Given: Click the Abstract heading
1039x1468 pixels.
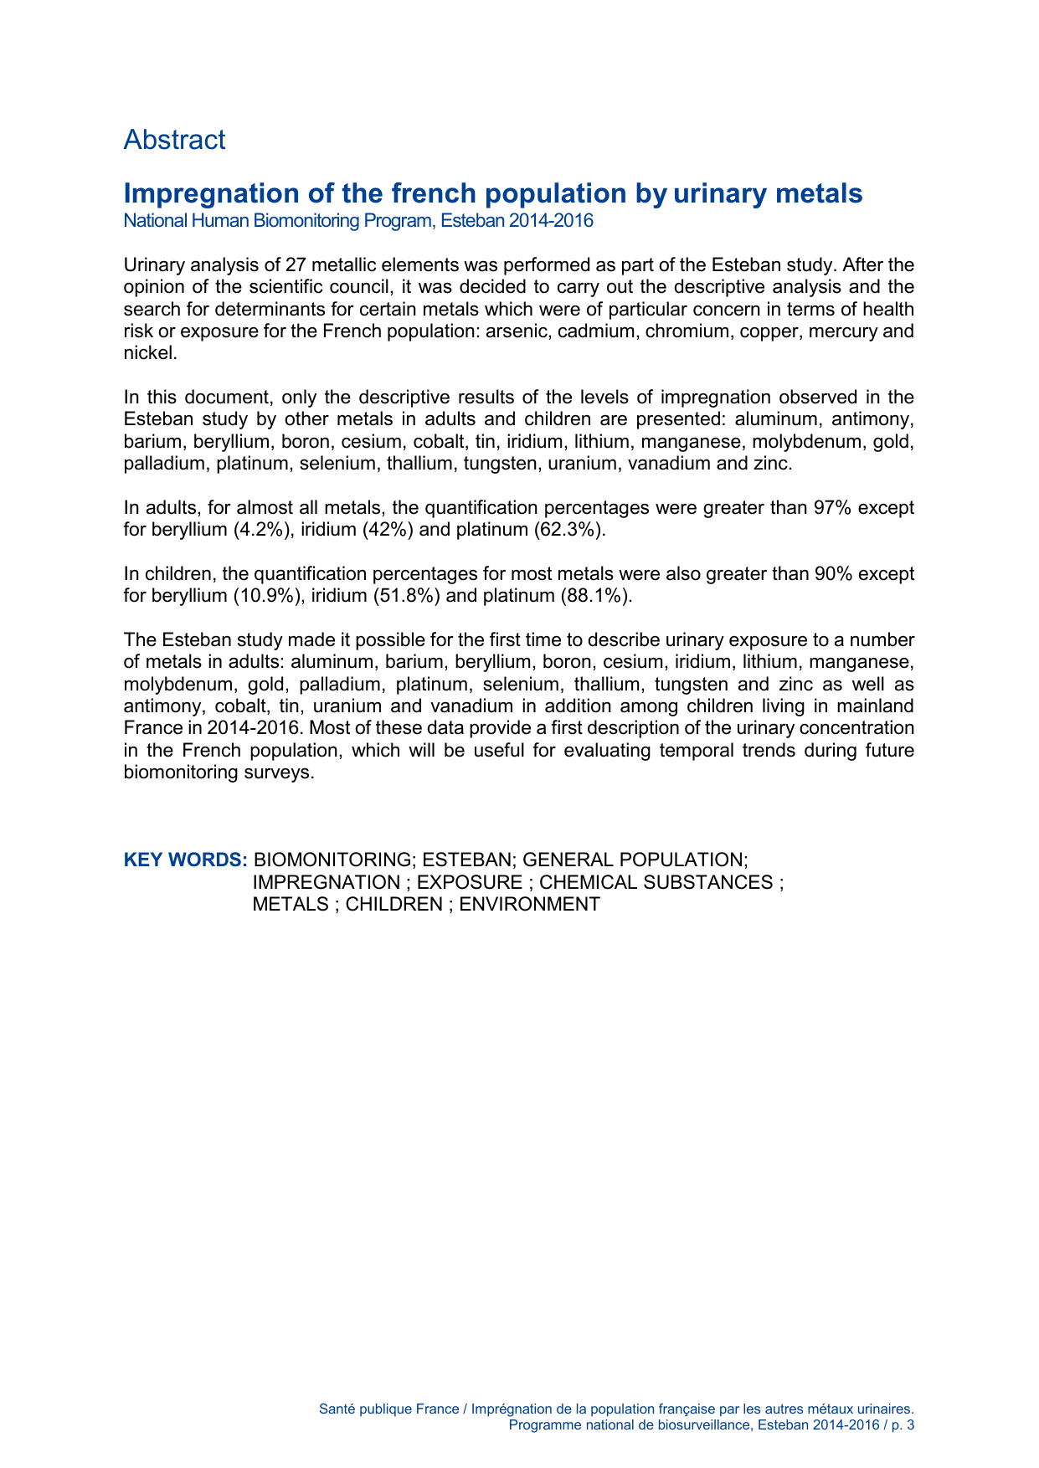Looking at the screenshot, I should click(174, 140).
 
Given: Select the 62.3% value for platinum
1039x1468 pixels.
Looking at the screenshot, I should click(568, 530).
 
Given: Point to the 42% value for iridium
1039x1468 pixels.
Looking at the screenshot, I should click(388, 530).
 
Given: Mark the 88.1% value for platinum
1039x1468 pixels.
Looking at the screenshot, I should click(595, 596).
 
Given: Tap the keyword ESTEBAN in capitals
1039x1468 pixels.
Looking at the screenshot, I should click(466, 860).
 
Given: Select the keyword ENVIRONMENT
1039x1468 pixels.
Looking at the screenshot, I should click(529, 905).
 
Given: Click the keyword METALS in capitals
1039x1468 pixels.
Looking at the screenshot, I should click(291, 905).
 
